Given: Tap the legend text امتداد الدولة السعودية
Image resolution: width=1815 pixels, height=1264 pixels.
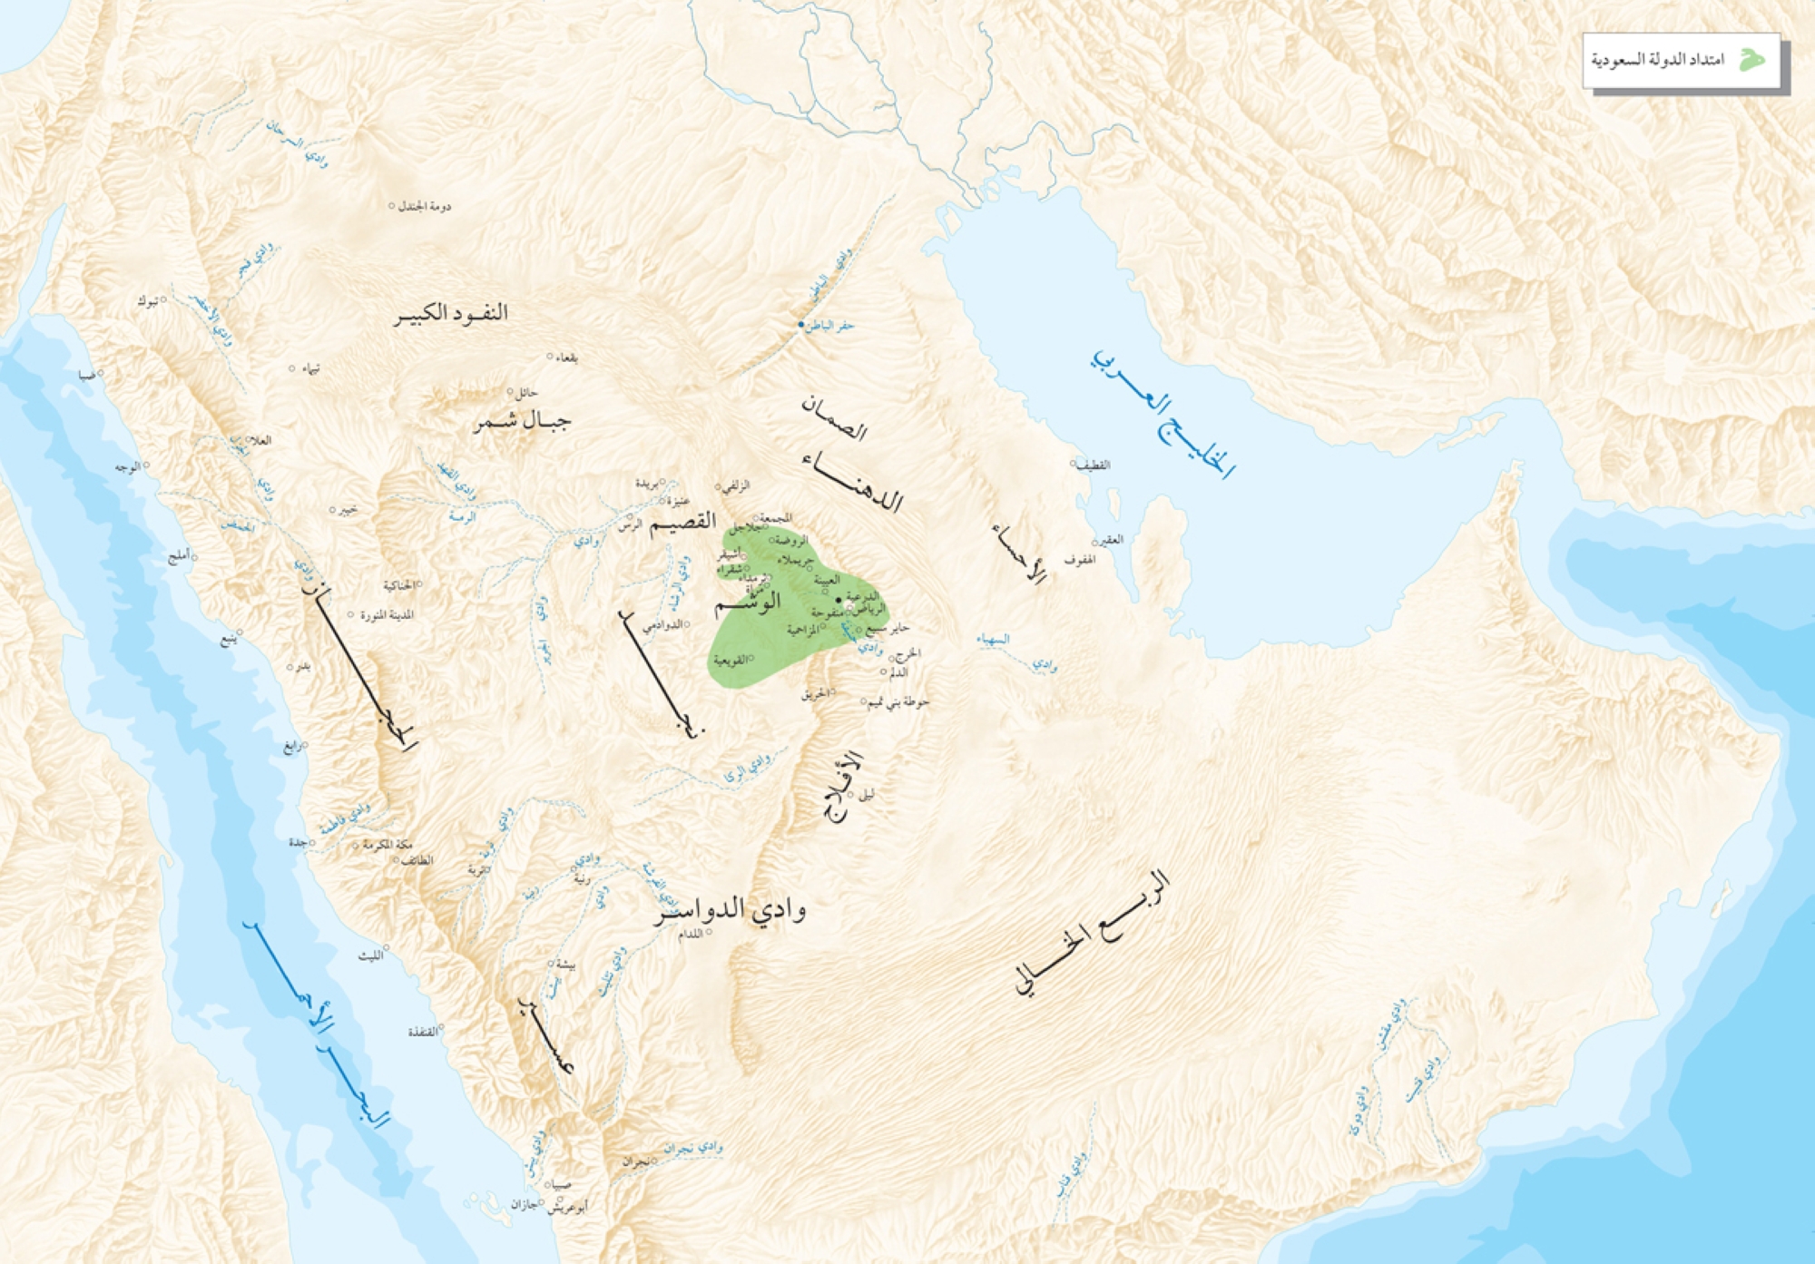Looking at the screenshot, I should point(1657,61).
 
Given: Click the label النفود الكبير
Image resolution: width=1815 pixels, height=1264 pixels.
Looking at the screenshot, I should point(451,314).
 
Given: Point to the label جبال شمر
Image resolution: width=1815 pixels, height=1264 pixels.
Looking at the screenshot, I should point(522,421).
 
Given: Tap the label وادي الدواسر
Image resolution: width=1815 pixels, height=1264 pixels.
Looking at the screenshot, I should point(731,909).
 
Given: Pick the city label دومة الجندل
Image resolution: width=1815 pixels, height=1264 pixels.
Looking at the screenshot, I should point(425,207).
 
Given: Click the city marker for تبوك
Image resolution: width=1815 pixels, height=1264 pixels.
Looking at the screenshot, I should point(164,299).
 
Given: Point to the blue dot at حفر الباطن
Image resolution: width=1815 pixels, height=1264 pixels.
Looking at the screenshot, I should point(800,324).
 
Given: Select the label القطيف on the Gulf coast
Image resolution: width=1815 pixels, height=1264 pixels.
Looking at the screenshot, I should point(1093,465).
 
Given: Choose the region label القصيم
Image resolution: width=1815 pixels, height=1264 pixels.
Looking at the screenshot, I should point(682,522).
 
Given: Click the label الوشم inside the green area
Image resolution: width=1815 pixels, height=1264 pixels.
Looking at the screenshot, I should point(747,602).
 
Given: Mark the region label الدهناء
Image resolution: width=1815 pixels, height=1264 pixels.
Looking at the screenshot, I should point(852,481).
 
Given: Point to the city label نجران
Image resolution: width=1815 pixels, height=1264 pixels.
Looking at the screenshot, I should point(635,1161).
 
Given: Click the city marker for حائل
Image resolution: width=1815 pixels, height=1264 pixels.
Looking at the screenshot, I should point(510,392).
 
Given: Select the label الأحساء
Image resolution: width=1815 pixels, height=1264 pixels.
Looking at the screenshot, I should point(1020,552).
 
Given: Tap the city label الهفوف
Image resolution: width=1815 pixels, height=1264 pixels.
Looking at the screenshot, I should point(1079,560).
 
